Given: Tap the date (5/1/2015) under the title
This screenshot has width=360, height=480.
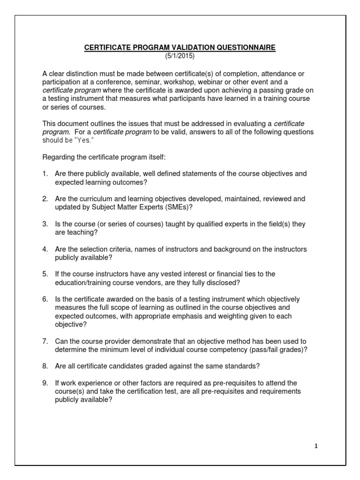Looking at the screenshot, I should [x=180, y=56].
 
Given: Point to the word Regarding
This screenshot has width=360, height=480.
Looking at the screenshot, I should [x=60, y=157].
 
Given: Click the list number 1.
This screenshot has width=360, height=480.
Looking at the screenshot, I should [x=45, y=173].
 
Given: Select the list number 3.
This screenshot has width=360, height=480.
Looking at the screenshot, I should [x=45, y=224].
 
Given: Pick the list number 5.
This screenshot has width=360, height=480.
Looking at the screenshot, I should [x=45, y=274].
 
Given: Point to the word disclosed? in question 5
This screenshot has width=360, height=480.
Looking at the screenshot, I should [x=225, y=283].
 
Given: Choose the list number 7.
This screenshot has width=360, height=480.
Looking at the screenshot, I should [x=45, y=341].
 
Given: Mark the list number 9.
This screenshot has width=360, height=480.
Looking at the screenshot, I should [x=45, y=383].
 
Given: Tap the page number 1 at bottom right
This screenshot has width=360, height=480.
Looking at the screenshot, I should [x=316, y=446].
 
